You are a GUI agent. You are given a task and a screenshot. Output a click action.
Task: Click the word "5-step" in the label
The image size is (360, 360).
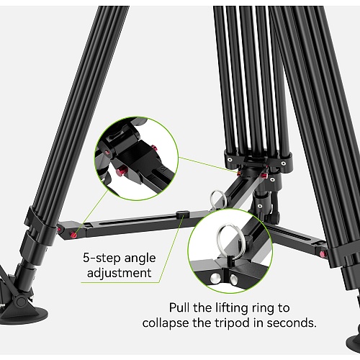click(x=102, y=258)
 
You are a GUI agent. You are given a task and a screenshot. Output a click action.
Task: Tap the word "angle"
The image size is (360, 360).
click(x=140, y=259)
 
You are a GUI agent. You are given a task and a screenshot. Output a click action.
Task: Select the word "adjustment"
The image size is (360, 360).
click(x=120, y=273)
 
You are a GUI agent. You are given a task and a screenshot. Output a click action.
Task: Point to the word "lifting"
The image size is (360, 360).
click(x=232, y=309)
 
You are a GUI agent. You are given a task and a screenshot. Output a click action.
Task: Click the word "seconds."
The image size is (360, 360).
click(x=292, y=323)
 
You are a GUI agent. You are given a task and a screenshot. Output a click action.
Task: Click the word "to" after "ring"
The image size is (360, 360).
click(x=284, y=308)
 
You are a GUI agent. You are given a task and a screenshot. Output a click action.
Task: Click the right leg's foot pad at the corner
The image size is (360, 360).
click(x=354, y=344)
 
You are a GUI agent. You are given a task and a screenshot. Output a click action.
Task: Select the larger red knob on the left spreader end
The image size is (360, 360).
click(x=73, y=235)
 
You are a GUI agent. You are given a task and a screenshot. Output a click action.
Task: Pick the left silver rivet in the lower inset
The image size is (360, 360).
click(x=215, y=279)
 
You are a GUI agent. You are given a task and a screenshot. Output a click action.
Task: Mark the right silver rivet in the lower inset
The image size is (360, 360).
click(x=233, y=279)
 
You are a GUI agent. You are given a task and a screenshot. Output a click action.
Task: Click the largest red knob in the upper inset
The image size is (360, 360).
click(x=122, y=171)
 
